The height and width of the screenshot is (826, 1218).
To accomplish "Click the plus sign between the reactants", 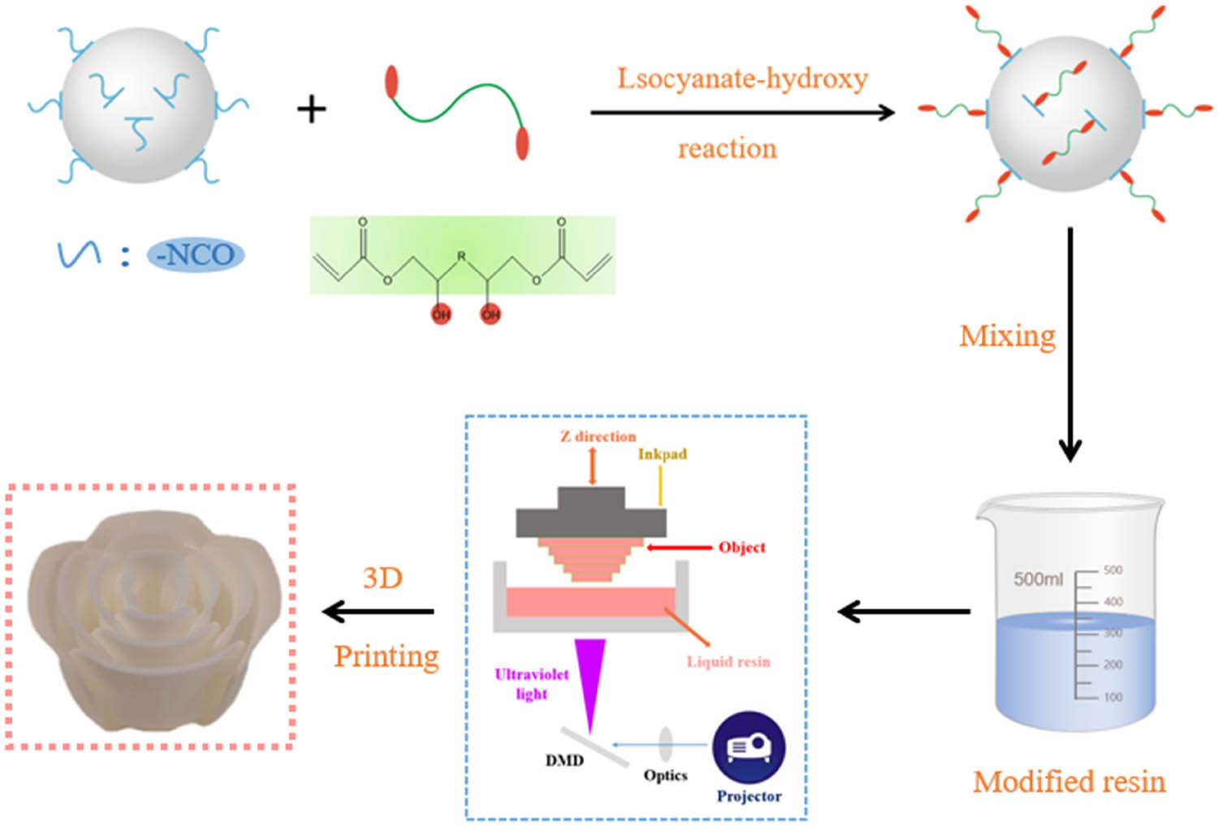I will pyautogui.click(x=312, y=109).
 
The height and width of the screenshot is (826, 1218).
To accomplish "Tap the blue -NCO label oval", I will pyautogui.click(x=195, y=255).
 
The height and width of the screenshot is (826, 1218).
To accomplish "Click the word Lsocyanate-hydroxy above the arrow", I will pyautogui.click(x=742, y=79).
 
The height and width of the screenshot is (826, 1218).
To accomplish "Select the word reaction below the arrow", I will pyautogui.click(x=727, y=148).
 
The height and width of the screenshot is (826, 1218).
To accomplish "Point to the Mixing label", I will pyautogui.click(x=1007, y=335).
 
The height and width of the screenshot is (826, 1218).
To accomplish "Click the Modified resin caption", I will pyautogui.click(x=1069, y=781).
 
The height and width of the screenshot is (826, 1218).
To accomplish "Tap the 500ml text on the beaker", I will pyautogui.click(x=1038, y=579).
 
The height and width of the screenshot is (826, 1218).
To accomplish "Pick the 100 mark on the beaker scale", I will pyautogui.click(x=1112, y=697).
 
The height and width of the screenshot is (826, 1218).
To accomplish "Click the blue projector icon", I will pyautogui.click(x=749, y=747).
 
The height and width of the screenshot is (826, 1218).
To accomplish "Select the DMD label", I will pyautogui.click(x=564, y=760).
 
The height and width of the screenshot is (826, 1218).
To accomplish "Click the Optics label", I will pyautogui.click(x=666, y=775).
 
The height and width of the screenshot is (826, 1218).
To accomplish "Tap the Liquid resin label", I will pyautogui.click(x=728, y=662).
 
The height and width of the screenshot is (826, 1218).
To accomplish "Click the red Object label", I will pyautogui.click(x=741, y=547).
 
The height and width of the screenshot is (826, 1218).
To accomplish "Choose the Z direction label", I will pyautogui.click(x=598, y=437).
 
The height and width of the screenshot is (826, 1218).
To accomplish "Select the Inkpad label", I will pyautogui.click(x=663, y=454).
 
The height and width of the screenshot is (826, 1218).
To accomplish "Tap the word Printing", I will pyautogui.click(x=387, y=656).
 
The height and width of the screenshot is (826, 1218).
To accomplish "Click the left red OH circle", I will pyautogui.click(x=441, y=314).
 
